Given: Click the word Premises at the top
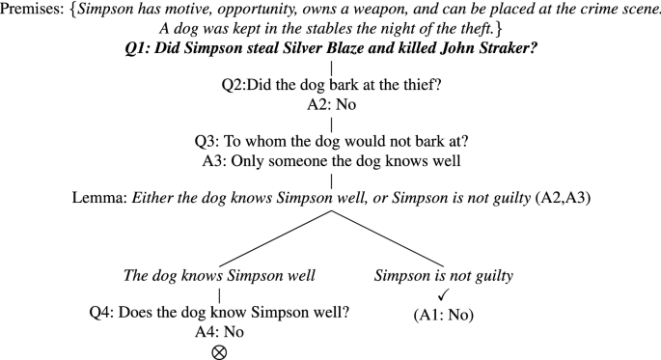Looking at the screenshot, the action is click(x=31, y=10).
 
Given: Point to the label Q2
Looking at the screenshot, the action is click(x=234, y=85).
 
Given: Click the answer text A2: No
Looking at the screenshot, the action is click(x=331, y=104).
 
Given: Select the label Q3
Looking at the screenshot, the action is click(x=207, y=141).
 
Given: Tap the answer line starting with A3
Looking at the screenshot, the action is click(x=331, y=161).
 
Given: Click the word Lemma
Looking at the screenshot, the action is click(x=98, y=197).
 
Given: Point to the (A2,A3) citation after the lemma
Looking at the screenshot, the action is click(x=563, y=198).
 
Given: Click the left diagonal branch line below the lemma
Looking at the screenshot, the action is click(x=275, y=238).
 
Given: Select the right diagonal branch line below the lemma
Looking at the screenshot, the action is click(x=388, y=238).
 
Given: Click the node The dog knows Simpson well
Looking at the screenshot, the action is click(x=219, y=276).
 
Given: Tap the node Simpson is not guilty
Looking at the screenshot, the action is click(x=444, y=276).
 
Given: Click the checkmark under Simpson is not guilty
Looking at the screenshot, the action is click(x=444, y=294).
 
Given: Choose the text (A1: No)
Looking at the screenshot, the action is click(x=444, y=315).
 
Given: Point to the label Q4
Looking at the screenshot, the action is click(x=100, y=313).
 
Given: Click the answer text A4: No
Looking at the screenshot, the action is click(x=219, y=332).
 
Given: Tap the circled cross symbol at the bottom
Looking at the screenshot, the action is click(x=219, y=352).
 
